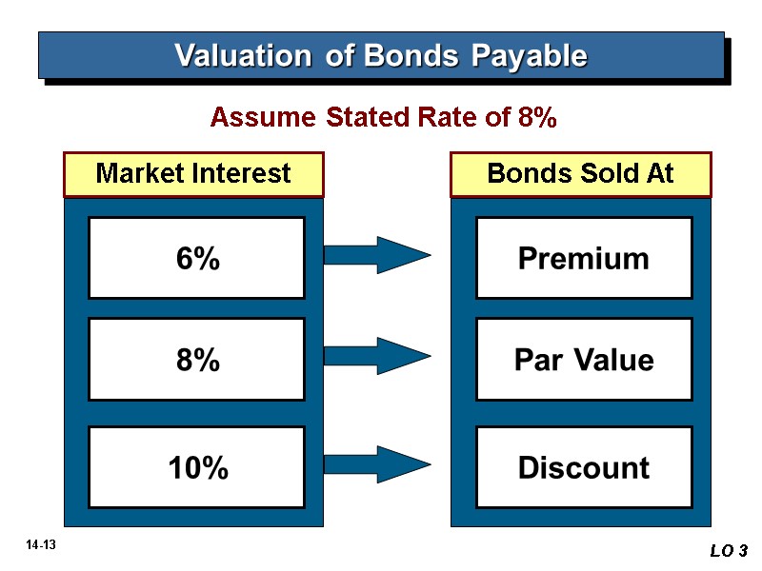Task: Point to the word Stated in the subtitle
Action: (x=371, y=118)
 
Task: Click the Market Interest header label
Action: (x=193, y=173)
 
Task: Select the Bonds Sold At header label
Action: (x=580, y=173)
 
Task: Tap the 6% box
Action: (x=196, y=258)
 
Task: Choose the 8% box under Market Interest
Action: (x=196, y=360)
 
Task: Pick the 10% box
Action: (x=196, y=467)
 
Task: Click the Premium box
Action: (x=583, y=258)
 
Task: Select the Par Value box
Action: (x=583, y=360)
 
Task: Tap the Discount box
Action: (x=583, y=467)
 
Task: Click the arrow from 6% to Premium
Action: (x=376, y=254)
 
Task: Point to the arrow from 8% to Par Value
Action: (x=376, y=356)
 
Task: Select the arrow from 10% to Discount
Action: (x=376, y=463)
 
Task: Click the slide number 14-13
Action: (x=42, y=545)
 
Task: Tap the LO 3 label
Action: (x=729, y=551)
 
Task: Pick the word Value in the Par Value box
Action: (x=615, y=360)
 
